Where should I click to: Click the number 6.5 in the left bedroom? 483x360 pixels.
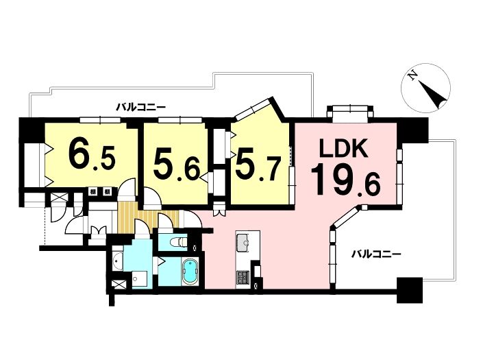92,154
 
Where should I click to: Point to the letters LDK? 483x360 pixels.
343,148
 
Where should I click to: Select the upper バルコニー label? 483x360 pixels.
141,108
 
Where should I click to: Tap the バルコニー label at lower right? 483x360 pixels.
376,254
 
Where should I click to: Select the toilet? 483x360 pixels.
178,242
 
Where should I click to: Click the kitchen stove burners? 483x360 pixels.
243,278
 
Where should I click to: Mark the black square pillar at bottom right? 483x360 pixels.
410,290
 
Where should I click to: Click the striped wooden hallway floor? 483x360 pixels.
148,215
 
